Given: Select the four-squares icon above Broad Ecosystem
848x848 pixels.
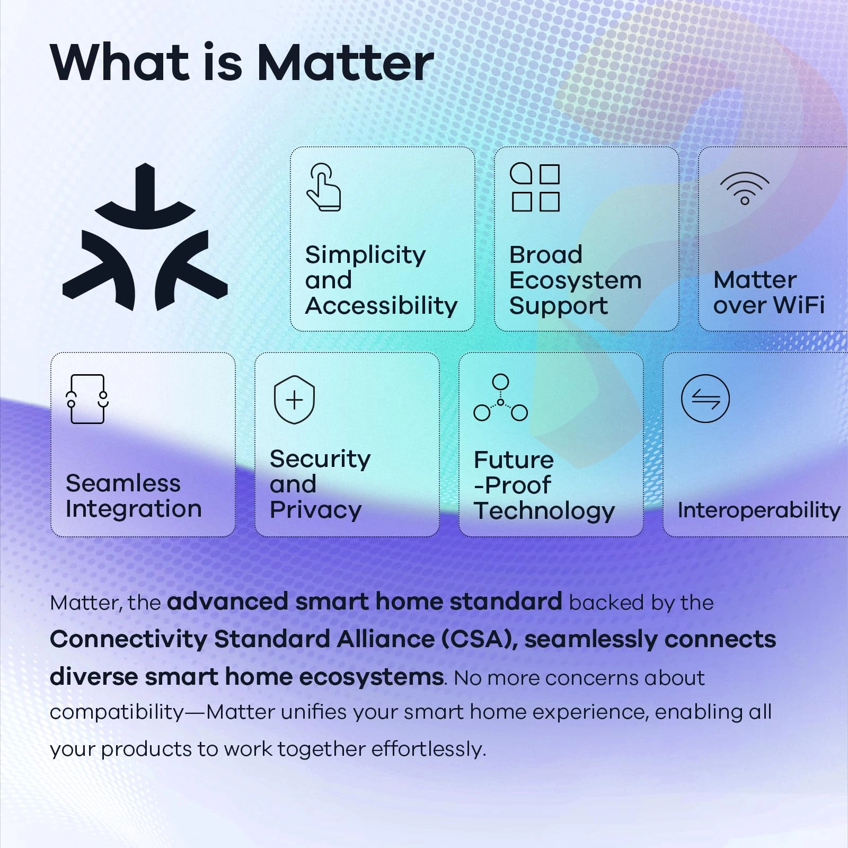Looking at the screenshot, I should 535,188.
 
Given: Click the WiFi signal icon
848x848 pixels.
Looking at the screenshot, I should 744,188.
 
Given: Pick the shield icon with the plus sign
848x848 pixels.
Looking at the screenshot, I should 294,400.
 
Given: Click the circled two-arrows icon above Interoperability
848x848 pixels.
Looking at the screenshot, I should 705,399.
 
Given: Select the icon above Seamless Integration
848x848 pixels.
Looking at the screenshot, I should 87,399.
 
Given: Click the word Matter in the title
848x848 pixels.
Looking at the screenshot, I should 345,63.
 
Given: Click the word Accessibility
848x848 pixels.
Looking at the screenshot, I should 381,306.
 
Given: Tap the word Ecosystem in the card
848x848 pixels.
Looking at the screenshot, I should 575,280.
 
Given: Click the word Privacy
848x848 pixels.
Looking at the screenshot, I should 315,510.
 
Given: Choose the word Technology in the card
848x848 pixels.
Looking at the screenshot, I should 544,511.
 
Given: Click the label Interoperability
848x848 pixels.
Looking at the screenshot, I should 758,510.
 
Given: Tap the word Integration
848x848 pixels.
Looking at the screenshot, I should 134,509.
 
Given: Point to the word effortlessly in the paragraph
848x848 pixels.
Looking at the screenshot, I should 428,749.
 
